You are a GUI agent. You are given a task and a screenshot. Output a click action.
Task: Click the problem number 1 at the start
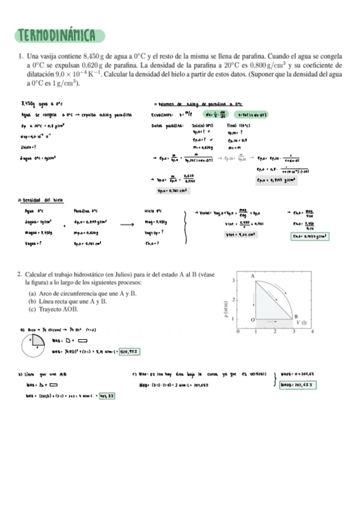[20, 56]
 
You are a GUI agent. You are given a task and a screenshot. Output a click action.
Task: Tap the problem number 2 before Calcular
[20, 274]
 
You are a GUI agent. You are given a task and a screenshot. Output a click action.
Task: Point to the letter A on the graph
[253, 275]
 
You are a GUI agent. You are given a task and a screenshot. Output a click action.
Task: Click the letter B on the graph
[296, 316]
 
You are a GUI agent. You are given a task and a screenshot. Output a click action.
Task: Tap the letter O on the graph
[252, 319]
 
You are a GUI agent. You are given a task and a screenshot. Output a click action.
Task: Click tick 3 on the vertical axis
[233, 281]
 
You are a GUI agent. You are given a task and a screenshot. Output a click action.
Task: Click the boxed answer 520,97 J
[132, 351]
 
